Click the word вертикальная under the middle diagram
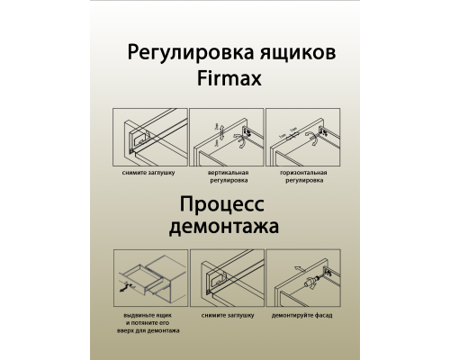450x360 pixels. click(226, 170)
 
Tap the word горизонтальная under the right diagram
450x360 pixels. click(301, 170)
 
